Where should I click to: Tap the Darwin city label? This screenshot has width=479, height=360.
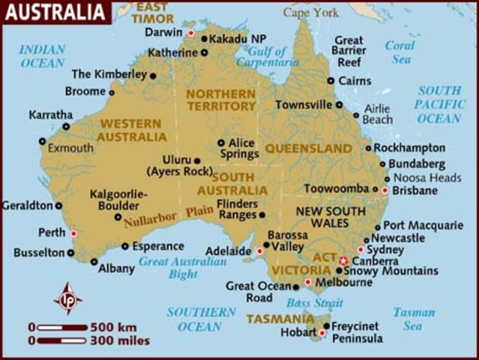(x=163, y=32)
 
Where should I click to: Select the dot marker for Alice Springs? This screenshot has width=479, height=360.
(x=221, y=142)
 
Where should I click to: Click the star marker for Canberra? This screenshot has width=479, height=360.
(x=343, y=259)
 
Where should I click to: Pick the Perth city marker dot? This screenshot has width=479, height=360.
(x=73, y=233)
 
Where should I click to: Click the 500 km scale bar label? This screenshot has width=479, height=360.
(x=113, y=327)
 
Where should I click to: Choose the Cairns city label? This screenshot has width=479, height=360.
(x=355, y=80)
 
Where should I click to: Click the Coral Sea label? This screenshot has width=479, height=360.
(x=400, y=51)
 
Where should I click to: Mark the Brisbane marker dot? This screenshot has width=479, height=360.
(x=385, y=190)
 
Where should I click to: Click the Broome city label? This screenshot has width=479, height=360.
(x=85, y=91)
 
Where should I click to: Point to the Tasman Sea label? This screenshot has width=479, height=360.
(x=413, y=319)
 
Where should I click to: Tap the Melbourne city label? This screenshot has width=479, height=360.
(x=343, y=283)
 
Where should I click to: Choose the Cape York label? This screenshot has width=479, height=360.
(x=311, y=12)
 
